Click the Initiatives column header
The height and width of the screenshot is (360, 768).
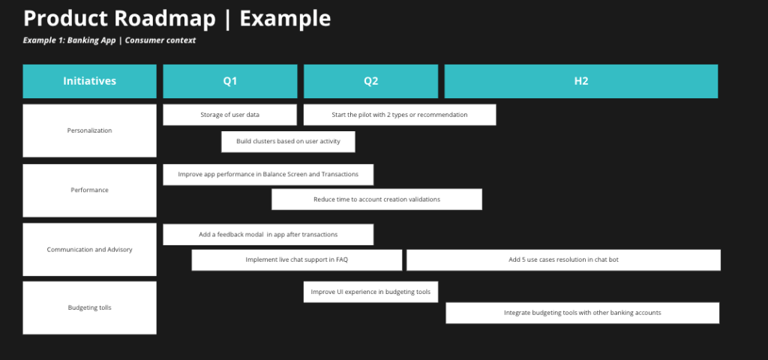(x=90, y=81)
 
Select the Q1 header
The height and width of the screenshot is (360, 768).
(x=230, y=81)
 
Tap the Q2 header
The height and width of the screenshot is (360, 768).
(x=370, y=81)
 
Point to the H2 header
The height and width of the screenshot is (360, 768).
(x=581, y=81)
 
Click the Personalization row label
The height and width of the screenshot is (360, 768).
(x=90, y=130)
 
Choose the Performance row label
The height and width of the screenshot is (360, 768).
(x=90, y=190)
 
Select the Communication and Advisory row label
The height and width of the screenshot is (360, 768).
(x=90, y=250)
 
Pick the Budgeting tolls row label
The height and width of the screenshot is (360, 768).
(x=90, y=308)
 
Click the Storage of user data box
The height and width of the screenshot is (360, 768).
(x=229, y=115)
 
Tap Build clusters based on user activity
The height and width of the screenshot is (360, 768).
(x=289, y=142)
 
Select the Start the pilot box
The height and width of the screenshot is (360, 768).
(x=400, y=115)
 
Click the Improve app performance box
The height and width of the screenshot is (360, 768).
(x=268, y=174)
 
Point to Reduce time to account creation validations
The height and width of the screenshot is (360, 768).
(x=376, y=199)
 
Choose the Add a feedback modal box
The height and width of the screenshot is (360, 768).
(x=268, y=235)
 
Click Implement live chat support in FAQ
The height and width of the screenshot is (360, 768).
(x=297, y=260)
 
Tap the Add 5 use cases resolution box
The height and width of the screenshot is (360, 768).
(x=563, y=260)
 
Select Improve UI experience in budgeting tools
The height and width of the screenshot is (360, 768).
(x=370, y=292)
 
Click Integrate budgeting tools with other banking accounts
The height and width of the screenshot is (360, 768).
(x=582, y=313)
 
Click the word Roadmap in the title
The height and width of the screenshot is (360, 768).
(x=165, y=19)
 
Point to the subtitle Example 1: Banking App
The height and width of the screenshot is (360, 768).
(x=69, y=40)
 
